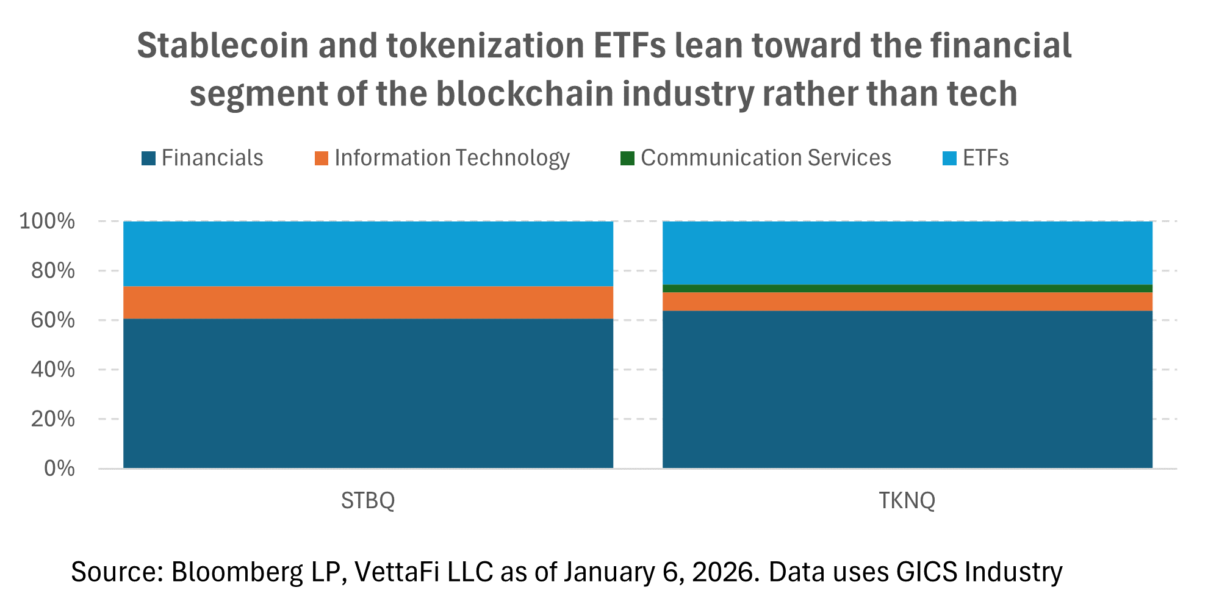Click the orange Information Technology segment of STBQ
click(368, 303)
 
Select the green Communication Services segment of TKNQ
click(907, 289)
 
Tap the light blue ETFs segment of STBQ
click(368, 254)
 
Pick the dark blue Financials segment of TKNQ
click(907, 390)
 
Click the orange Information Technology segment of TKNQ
click(907, 302)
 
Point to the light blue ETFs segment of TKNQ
click(907, 253)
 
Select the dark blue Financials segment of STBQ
click(368, 394)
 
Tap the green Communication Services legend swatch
click(627, 159)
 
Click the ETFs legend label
click(985, 158)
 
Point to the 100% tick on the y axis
click(47, 221)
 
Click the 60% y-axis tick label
click(52, 320)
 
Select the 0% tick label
click(59, 469)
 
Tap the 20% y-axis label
click(52, 419)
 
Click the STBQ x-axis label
click(368, 501)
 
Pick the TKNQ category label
click(907, 501)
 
